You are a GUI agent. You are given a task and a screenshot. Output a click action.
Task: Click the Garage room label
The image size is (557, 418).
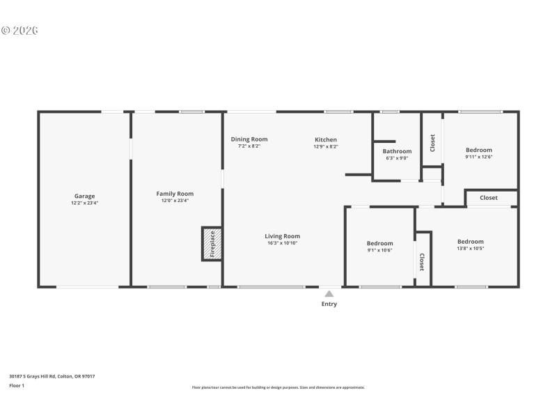85,196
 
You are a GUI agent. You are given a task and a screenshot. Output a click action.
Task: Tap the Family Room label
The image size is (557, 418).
175,194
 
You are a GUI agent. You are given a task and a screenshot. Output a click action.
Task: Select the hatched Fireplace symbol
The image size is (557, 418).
212,244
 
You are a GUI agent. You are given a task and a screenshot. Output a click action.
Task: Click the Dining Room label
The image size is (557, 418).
249,139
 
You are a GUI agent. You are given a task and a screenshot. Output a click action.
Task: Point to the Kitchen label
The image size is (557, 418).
325,139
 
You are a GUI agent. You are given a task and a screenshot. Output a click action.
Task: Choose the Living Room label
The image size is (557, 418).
282,236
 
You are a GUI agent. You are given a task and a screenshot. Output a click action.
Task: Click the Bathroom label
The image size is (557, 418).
397,151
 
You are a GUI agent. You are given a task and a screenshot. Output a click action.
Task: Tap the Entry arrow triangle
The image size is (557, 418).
329,294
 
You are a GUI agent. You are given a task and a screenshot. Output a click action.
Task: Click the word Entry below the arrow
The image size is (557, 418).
329,304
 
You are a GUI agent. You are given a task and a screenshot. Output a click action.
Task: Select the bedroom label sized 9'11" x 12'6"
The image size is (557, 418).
479,150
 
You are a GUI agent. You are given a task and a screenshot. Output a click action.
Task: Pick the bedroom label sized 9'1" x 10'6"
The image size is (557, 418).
380,244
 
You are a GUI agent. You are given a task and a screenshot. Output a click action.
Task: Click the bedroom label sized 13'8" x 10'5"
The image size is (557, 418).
471,242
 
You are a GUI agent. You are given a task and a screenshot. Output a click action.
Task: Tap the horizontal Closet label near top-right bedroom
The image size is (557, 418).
489,198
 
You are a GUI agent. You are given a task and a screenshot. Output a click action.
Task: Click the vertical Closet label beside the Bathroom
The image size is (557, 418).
432,143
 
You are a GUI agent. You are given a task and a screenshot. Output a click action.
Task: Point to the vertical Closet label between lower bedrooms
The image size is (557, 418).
422,261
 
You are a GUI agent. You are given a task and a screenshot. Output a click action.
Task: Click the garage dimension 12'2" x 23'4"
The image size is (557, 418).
85,203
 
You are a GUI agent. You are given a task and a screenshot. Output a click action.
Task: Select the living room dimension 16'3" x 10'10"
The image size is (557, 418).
282,243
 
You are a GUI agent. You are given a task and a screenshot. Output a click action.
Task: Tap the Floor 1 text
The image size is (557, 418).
17,385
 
